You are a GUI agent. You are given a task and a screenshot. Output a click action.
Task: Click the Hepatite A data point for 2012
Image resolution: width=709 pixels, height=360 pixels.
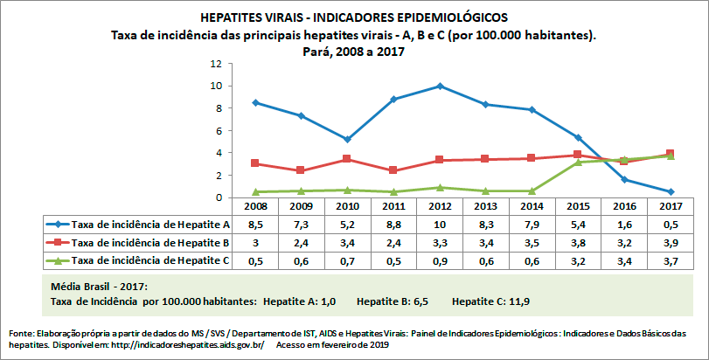(x=440, y=86)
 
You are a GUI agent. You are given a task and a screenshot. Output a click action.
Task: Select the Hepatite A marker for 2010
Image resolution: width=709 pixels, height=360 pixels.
(x=347, y=139)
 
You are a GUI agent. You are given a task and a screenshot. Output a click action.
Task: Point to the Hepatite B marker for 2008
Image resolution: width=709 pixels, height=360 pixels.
(x=254, y=163)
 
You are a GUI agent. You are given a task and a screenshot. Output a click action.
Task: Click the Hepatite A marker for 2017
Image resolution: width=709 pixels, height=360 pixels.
(x=671, y=191)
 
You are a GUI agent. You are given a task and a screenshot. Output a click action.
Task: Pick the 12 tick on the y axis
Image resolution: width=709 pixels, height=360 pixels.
(x=215, y=64)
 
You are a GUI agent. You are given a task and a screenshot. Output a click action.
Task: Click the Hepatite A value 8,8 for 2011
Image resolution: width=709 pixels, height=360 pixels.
(x=393, y=225)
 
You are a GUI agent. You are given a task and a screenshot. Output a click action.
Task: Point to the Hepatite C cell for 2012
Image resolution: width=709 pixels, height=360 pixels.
(x=440, y=260)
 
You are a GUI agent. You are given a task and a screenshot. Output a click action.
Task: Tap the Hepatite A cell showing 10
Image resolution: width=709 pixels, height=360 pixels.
(x=440, y=225)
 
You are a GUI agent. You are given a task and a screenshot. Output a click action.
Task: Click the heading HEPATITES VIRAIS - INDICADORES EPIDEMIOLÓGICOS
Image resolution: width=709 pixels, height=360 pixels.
(x=353, y=17)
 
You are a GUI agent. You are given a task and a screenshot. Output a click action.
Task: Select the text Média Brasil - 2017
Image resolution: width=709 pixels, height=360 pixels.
(x=98, y=286)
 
